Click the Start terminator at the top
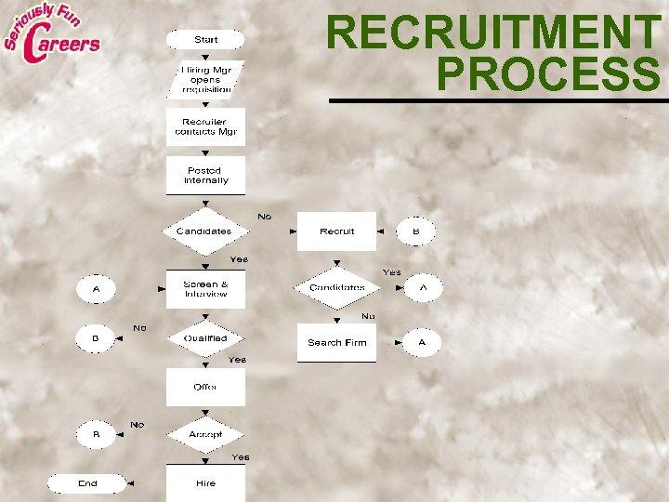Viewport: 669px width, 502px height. (x=205, y=40)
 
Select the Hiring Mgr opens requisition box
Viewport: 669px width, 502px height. (x=205, y=79)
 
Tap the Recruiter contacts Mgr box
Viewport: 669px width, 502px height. (x=205, y=127)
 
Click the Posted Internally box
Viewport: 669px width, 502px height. (x=205, y=175)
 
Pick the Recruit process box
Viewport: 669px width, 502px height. (x=336, y=231)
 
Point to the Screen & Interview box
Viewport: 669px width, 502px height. (x=205, y=289)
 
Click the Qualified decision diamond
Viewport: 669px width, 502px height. (x=205, y=338)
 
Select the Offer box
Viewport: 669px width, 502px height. (x=205, y=387)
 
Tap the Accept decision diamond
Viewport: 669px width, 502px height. (x=205, y=434)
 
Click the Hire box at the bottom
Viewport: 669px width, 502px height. (x=205, y=483)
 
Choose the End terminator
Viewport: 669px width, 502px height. (x=87, y=483)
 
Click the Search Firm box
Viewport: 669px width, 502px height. (x=336, y=342)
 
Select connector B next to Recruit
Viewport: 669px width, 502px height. (x=415, y=231)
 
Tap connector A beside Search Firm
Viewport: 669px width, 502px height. (x=421, y=342)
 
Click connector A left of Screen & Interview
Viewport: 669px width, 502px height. (x=95, y=289)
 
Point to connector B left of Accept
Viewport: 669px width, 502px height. (x=95, y=434)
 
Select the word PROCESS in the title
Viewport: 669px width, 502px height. (x=547, y=74)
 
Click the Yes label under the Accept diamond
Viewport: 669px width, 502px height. (x=240, y=457)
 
